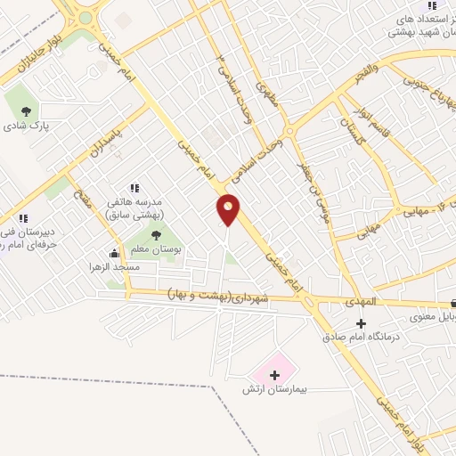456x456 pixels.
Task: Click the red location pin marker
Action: tap(229, 209)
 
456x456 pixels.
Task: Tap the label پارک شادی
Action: tap(27, 126)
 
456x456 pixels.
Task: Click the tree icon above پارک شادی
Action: tap(27, 110)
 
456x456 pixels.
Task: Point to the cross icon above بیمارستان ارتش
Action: tap(274, 375)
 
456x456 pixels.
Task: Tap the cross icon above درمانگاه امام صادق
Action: tap(361, 323)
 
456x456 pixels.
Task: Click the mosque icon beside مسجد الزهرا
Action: tap(114, 253)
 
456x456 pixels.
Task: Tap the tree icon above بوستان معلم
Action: tap(157, 236)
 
